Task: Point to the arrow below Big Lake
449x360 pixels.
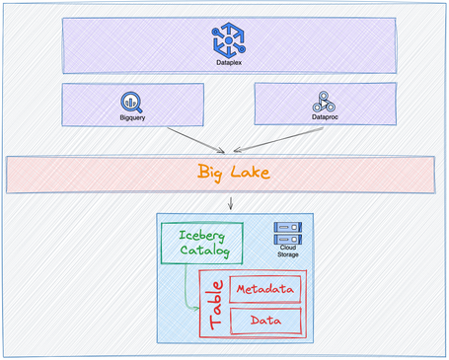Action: [x=230, y=203]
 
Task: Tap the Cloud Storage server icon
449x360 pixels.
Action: [x=288, y=232]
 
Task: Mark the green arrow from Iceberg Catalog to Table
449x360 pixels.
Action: [x=187, y=286]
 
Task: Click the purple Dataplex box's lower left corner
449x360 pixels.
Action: [x=62, y=72]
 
